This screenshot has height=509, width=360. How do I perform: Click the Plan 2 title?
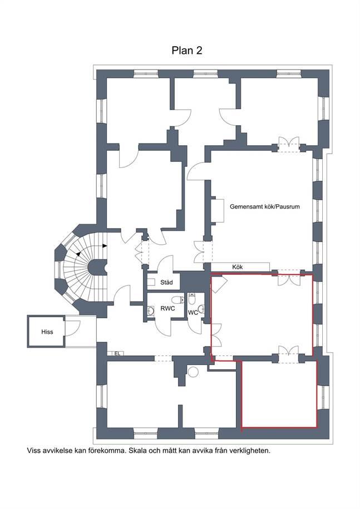click(186, 51)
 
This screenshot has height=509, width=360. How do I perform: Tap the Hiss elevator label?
click(47, 332)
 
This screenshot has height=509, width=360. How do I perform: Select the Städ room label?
click(166, 283)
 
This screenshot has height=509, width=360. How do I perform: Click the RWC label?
click(167, 308)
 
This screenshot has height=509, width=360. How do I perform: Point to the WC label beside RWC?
click(193, 313)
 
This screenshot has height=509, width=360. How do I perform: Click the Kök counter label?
click(237, 267)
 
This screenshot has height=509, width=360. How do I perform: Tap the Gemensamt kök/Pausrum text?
click(264, 206)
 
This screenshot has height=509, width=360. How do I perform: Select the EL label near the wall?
click(117, 353)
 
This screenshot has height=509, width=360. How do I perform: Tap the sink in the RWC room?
click(151, 311)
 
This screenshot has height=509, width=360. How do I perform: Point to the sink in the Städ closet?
click(151, 282)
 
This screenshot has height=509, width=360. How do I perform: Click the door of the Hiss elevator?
click(72, 328)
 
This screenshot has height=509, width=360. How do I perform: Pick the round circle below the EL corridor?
click(193, 372)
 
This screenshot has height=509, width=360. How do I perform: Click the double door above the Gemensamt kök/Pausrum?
click(289, 144)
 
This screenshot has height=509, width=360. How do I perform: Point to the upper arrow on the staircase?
click(104, 246)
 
